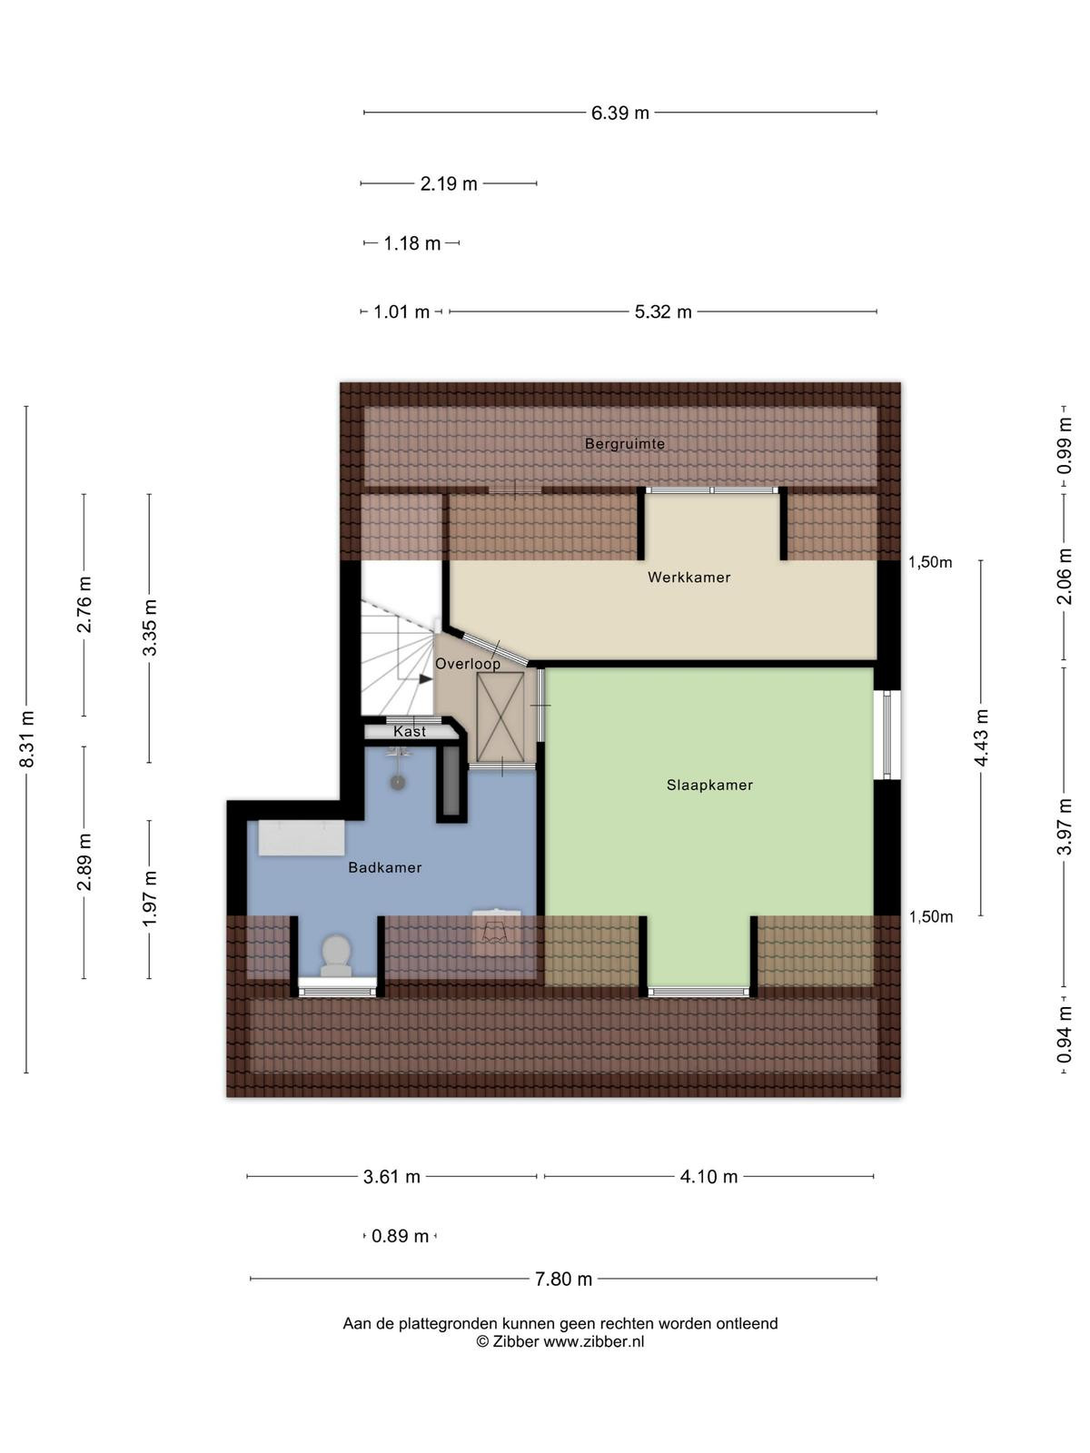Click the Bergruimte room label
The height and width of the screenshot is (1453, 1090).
pyautogui.click(x=624, y=443)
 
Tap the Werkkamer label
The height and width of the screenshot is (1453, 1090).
pyautogui.click(x=689, y=577)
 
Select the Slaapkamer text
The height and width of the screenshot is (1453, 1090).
pyautogui.click(x=709, y=785)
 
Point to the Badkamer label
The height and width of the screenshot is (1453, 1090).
pyautogui.click(x=384, y=867)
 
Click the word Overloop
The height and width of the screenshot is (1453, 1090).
pyautogui.click(x=467, y=663)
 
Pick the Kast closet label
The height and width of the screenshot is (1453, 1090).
pyautogui.click(x=410, y=731)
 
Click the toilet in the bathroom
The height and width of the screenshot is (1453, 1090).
pyautogui.click(x=336, y=955)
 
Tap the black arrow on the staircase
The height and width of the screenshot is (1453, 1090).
pyautogui.click(x=425, y=678)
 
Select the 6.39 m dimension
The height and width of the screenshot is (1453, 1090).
pyautogui.click(x=619, y=113)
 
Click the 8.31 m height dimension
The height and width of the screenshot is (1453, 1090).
pyautogui.click(x=26, y=738)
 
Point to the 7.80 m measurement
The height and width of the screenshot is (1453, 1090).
pyautogui.click(x=563, y=1279)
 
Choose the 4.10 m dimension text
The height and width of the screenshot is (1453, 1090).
pyautogui.click(x=708, y=1176)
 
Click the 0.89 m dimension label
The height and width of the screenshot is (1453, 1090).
pyautogui.click(x=400, y=1236)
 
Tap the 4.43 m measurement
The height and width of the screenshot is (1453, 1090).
pyautogui.click(x=981, y=737)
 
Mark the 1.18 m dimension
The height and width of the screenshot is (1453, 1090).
pyautogui.click(x=411, y=243)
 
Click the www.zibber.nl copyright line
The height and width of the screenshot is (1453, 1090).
pyautogui.click(x=560, y=1341)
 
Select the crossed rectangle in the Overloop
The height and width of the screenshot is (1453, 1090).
pyautogui.click(x=500, y=717)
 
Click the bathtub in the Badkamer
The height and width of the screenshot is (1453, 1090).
pyautogui.click(x=302, y=837)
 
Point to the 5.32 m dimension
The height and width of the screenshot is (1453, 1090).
pyautogui.click(x=662, y=311)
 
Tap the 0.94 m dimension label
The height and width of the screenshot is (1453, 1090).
pyautogui.click(x=1064, y=1034)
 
